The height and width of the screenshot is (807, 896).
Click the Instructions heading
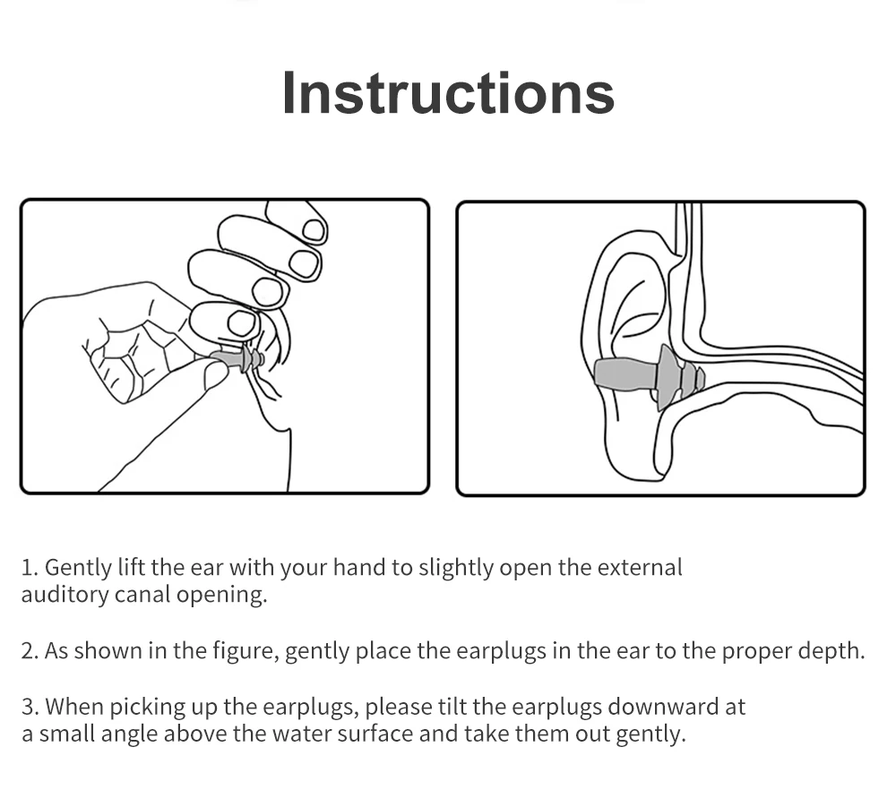448,93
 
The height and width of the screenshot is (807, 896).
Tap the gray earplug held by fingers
237,358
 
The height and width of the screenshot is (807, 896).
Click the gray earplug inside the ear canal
649,377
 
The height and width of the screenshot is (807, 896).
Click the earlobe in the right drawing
634,457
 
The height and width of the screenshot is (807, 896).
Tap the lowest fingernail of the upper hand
242,324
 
